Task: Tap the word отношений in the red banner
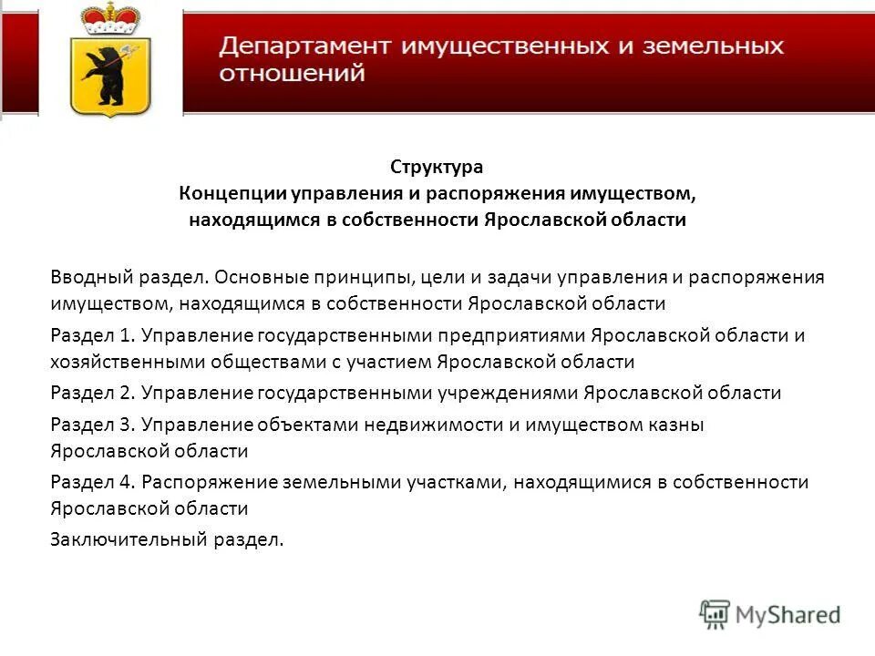[x=292, y=73]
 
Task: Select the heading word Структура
[x=437, y=167]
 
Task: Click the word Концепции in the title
[x=233, y=193]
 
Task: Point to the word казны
[x=678, y=424]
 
